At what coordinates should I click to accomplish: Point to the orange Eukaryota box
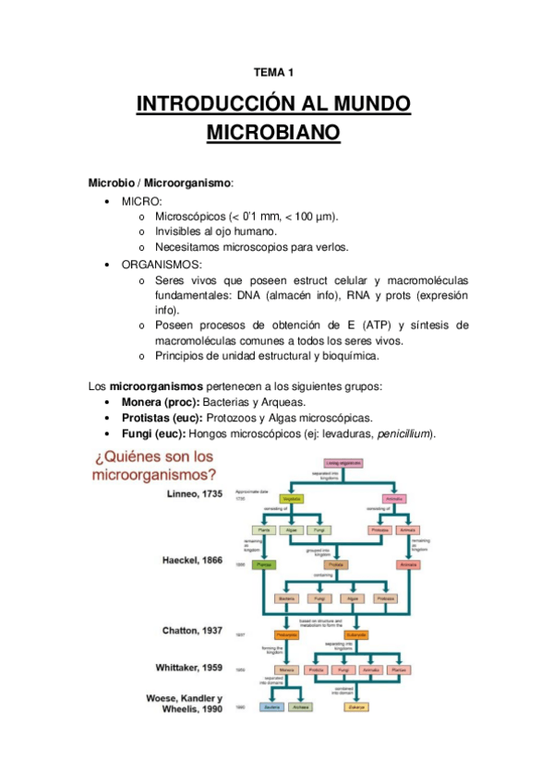pyautogui.click(x=357, y=634)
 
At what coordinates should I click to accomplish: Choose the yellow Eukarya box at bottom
pyautogui.click(x=356, y=706)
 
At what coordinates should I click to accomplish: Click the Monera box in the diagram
pyautogui.click(x=285, y=670)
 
